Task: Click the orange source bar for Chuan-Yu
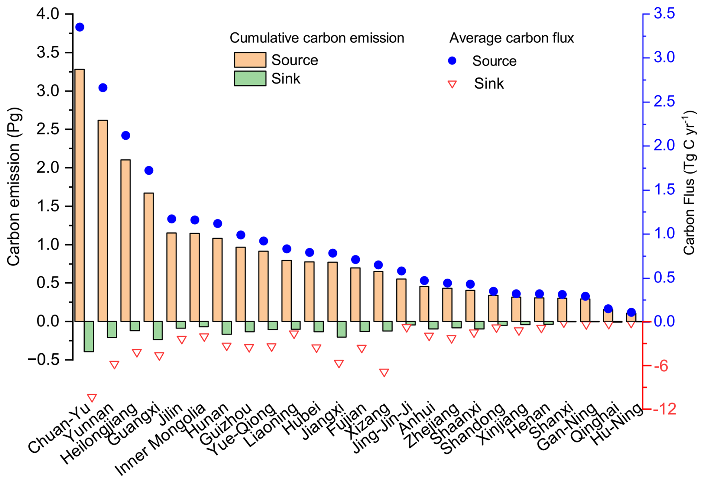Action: [80, 195]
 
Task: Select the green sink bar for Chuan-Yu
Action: [89, 336]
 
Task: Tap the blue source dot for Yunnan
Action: [103, 88]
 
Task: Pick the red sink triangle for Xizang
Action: [384, 372]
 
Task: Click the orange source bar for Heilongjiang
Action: [125, 240]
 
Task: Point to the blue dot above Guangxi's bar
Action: [149, 171]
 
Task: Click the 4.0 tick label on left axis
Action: [48, 14]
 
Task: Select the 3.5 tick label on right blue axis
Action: [664, 14]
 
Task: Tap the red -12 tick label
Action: [664, 409]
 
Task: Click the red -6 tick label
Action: [661, 366]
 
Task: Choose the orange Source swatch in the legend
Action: [250, 60]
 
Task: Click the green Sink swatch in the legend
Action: [250, 79]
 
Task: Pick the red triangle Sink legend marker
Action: [452, 84]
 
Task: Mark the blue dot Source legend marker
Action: [452, 61]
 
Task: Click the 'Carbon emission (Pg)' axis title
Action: [14, 187]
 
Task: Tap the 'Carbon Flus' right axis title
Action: [689, 182]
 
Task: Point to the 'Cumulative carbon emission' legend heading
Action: [317, 38]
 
